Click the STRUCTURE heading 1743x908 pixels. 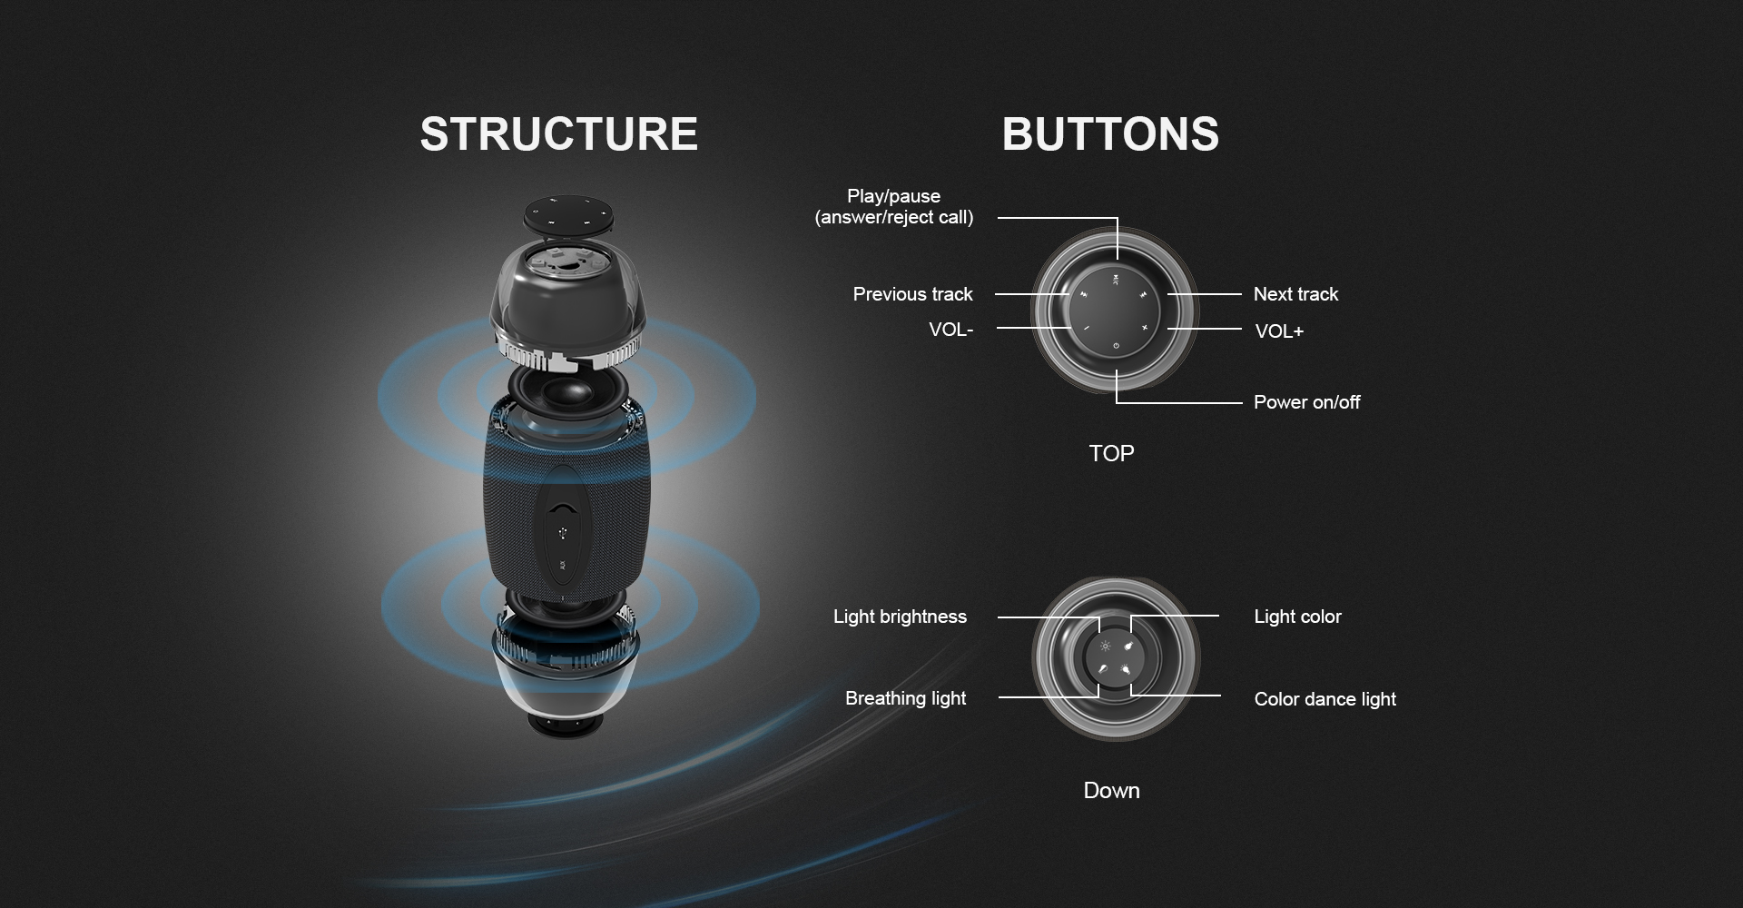pos(558,133)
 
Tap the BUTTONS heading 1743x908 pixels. pos(1110,133)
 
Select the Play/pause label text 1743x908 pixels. pos(893,196)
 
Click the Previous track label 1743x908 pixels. pos(912,294)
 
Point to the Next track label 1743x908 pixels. pos(1295,294)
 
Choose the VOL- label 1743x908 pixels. pos(950,330)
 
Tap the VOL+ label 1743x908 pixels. pos(1279,331)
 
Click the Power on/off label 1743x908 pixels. pos(1306,402)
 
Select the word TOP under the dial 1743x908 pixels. pos(1111,453)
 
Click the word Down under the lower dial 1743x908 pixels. pos(1111,790)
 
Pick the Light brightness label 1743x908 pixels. pos(900,617)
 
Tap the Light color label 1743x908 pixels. pos(1297,617)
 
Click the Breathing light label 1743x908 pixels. pos(905,698)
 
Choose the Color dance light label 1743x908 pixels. pos(1324,699)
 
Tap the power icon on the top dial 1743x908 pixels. pos(1116,346)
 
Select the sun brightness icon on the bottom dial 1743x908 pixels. pos(1105,646)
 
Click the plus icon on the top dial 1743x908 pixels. pos(1145,327)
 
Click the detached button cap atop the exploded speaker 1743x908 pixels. pos(569,216)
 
